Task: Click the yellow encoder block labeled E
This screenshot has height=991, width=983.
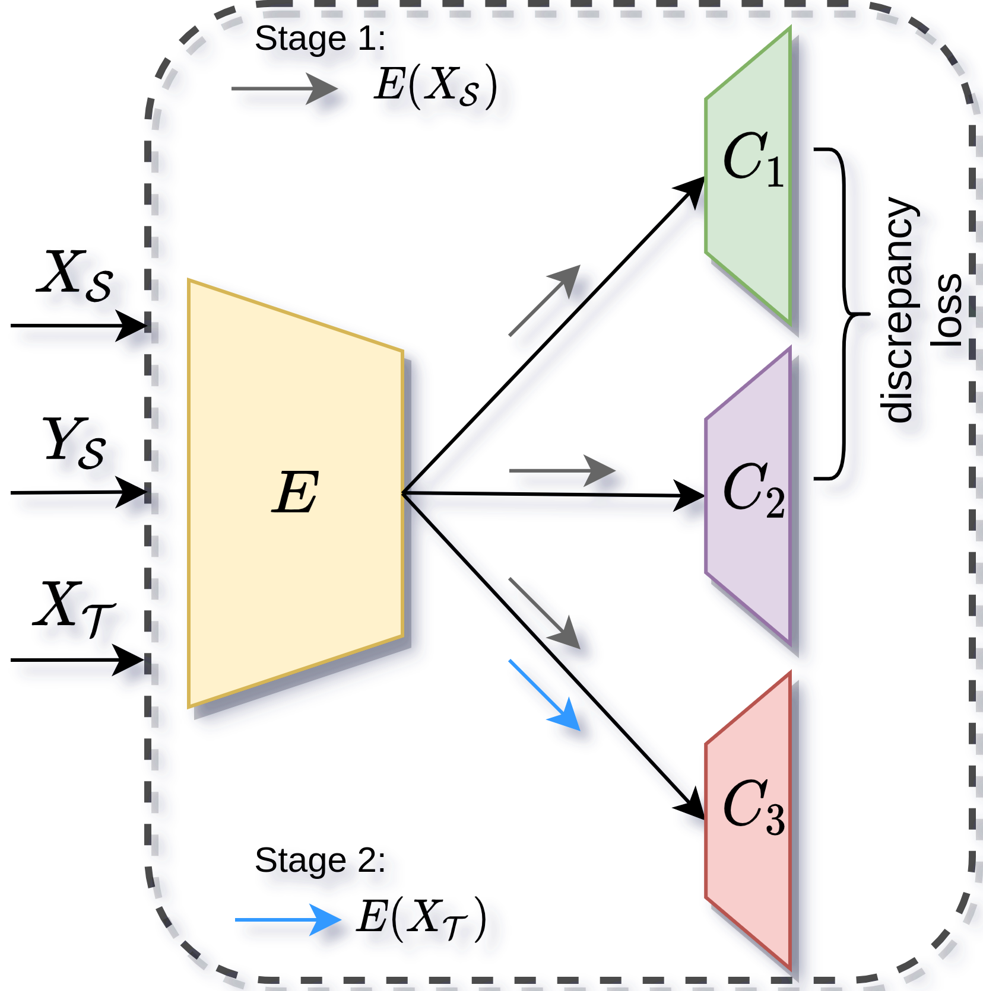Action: tap(296, 492)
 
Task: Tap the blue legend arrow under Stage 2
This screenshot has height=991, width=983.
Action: tap(288, 920)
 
